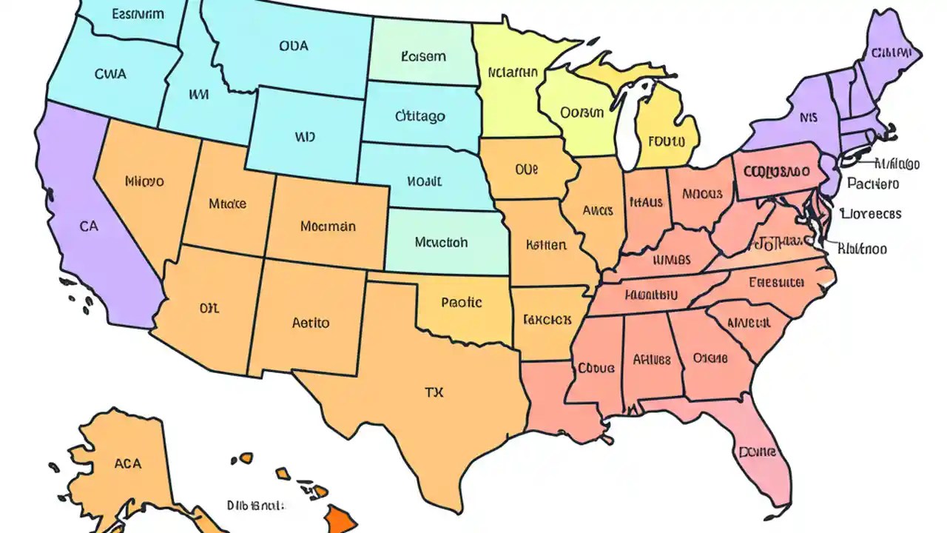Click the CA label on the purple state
pyautogui.click(x=88, y=227)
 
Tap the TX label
pyautogui.click(x=434, y=393)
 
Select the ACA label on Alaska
pyautogui.click(x=127, y=464)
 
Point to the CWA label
pyautogui.click(x=110, y=74)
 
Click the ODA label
pyautogui.click(x=294, y=45)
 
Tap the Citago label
pyautogui.click(x=420, y=116)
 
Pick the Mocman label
pyautogui.click(x=328, y=226)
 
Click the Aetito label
pyautogui.click(x=311, y=323)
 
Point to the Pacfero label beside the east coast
pyautogui.click(x=873, y=184)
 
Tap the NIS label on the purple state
pyautogui.click(x=809, y=117)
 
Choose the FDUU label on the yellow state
pyautogui.click(x=667, y=140)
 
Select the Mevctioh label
pyautogui.click(x=441, y=242)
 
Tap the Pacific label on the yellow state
pyautogui.click(x=461, y=302)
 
